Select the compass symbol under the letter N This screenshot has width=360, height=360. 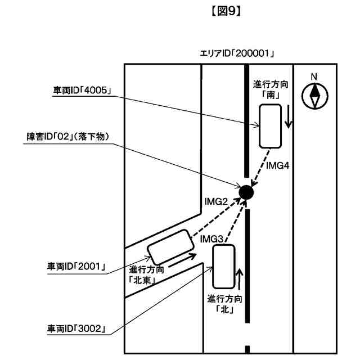click(x=314, y=96)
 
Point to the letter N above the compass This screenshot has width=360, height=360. click(x=314, y=77)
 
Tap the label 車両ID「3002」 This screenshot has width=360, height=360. click(x=77, y=328)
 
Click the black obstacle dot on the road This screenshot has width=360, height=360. click(x=246, y=192)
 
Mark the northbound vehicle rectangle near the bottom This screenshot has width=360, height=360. click(x=223, y=265)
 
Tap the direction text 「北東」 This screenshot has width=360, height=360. click(x=144, y=278)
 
